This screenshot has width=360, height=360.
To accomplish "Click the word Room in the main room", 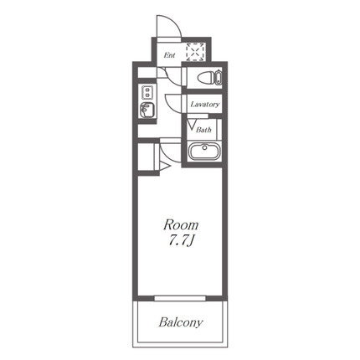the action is point(181,225).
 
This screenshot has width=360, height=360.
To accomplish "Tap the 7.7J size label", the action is point(181,240).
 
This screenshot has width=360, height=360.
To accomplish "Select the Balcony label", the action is point(181,322).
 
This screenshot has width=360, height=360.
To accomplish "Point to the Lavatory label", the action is point(205,105).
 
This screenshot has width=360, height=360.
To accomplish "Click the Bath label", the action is point(203,130).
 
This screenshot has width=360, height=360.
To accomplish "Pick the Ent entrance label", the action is point(169,55).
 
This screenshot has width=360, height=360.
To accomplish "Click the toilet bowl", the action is point(207,78).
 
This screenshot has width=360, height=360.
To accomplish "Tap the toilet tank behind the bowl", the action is point(219,78).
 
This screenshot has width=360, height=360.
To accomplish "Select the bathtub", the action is point(205,152).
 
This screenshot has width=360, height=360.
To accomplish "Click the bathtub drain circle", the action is point(205,147).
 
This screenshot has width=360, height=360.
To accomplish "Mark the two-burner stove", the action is point(147,92).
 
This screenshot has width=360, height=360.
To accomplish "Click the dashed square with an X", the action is point(196,52).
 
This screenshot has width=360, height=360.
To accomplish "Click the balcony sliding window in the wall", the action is point(180,298).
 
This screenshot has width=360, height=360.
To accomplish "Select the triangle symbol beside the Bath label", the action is point(192,124).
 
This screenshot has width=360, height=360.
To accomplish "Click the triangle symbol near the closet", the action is point(165,167).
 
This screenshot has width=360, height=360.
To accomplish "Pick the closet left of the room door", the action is point(147,157).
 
